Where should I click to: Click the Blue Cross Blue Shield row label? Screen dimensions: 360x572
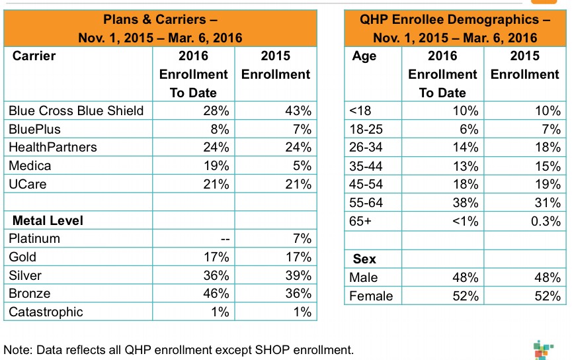(x=76, y=111)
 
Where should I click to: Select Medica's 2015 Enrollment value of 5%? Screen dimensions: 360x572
(x=302, y=165)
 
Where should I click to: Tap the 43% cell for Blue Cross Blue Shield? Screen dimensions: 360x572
(x=298, y=111)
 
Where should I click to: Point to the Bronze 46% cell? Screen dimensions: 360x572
(x=216, y=293)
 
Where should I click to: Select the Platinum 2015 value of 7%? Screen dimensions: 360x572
(x=302, y=238)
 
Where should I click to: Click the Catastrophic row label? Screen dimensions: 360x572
(x=46, y=312)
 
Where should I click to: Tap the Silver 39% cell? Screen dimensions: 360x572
(x=298, y=275)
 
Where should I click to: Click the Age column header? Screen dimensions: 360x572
(x=364, y=56)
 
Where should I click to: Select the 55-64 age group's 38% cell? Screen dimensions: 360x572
(x=466, y=202)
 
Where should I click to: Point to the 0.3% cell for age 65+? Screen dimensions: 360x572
(x=546, y=221)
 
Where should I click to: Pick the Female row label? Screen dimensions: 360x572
(x=371, y=296)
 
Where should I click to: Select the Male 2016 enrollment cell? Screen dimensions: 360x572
(x=466, y=278)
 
